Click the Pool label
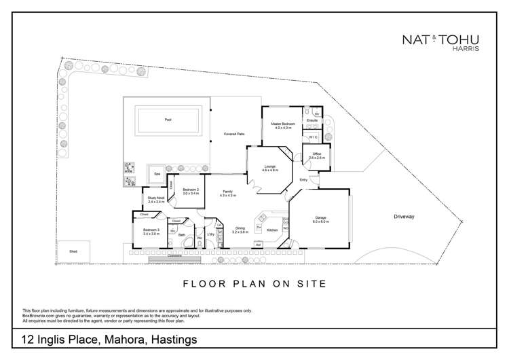click(168, 120)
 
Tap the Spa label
click(157, 175)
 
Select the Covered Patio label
click(234, 134)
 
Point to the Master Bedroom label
click(282, 124)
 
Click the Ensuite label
click(312, 120)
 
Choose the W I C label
click(313, 137)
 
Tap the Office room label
click(317, 156)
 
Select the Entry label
click(303, 179)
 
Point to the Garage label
click(320, 219)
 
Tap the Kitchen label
click(272, 230)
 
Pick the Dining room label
click(240, 229)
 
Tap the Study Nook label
click(156, 199)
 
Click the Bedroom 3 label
click(151, 231)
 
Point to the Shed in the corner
click(73, 251)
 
